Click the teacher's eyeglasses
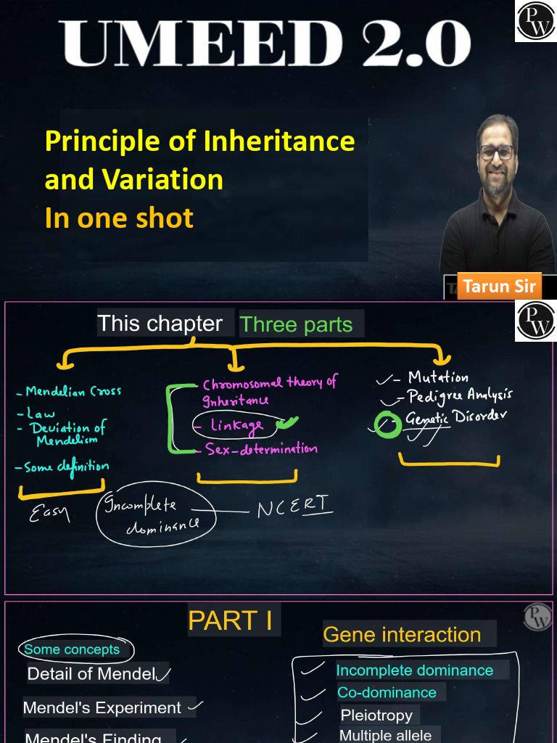[497, 152]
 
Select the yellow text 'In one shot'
[119, 218]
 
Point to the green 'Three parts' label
[297, 324]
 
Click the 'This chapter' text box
[160, 324]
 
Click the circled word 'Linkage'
[236, 426]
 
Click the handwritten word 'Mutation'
[438, 377]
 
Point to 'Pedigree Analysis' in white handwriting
[460, 395]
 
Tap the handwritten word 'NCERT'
[294, 507]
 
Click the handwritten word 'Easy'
[49, 514]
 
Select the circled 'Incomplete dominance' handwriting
[157, 516]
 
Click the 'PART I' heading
[230, 620]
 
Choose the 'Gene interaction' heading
[402, 634]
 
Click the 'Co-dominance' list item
[387, 692]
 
